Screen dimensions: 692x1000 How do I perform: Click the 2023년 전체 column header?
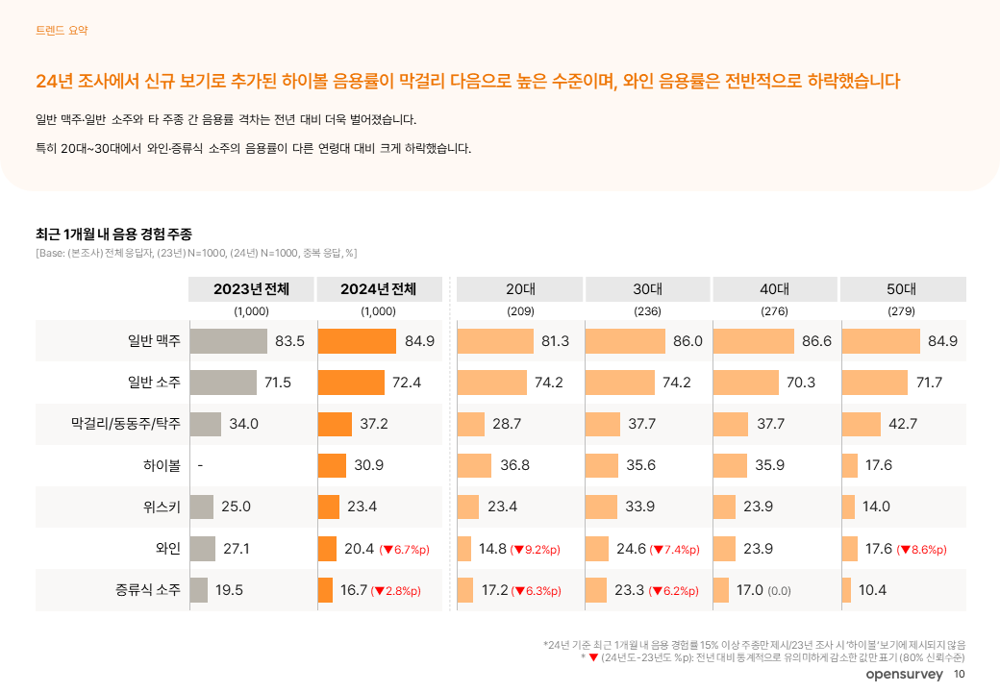pos(251,289)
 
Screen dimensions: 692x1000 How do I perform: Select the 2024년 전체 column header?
pos(378,289)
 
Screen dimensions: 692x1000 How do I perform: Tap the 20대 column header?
pos(520,289)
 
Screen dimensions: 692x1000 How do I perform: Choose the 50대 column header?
pos(902,289)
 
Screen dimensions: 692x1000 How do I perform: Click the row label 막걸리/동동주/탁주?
pos(125,423)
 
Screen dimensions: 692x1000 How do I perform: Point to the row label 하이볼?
pos(162,465)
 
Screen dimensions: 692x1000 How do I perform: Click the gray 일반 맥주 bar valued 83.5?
pos(228,341)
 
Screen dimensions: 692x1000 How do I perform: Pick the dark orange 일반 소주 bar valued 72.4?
pos(351,383)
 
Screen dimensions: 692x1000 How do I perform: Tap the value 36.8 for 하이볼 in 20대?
pos(515,465)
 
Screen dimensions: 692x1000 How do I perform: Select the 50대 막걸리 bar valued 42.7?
pos(861,424)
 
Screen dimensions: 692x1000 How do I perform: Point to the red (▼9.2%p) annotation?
pos(535,550)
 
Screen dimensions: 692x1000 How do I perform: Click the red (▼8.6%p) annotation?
pos(921,550)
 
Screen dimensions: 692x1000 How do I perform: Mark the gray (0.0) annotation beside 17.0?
pos(779,591)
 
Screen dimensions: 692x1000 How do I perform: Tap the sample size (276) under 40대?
pos(774,311)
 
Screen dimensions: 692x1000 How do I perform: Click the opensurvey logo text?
pos(904,675)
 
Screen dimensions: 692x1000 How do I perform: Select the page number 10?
pos(959,675)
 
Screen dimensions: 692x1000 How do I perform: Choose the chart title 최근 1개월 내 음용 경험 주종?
pos(113,234)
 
